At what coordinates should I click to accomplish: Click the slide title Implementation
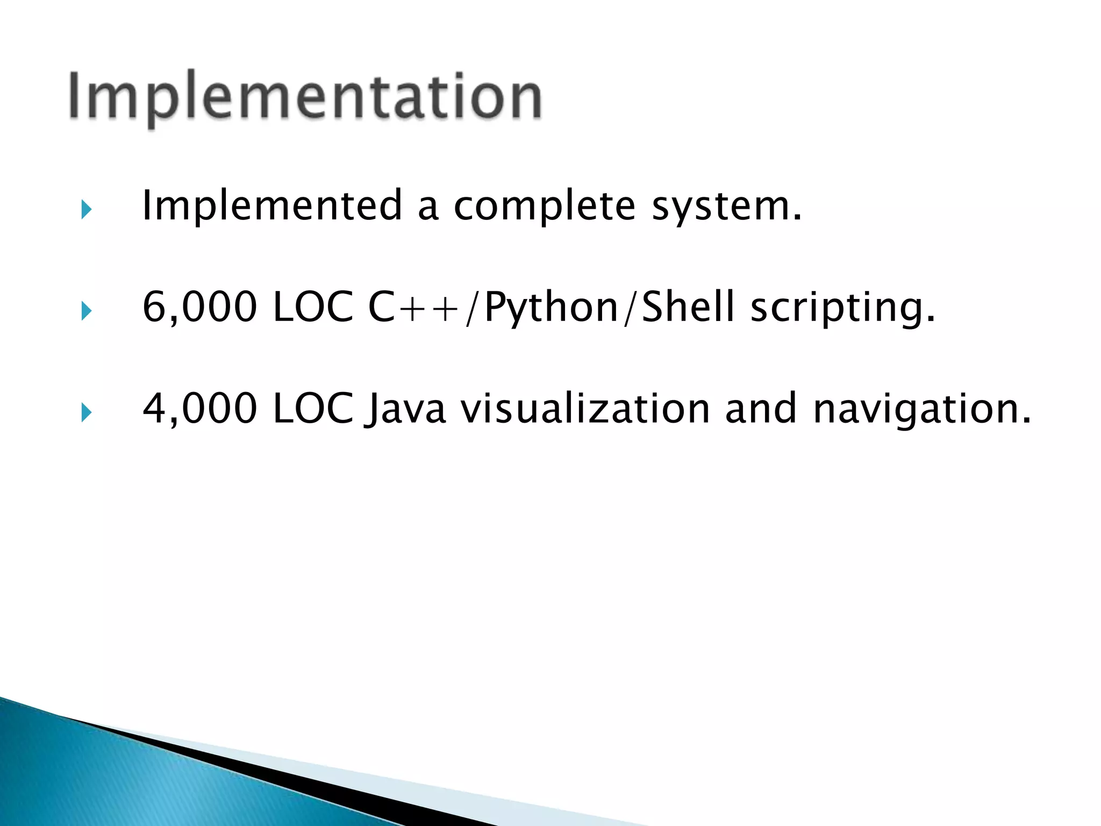305,97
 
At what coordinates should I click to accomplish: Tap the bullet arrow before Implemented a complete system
86,209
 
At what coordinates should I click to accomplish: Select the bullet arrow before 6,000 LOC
86,311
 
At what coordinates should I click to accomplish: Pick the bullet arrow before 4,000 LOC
86,412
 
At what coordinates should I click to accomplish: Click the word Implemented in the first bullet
272,206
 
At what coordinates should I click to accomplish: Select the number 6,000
199,307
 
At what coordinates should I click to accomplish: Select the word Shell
688,307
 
